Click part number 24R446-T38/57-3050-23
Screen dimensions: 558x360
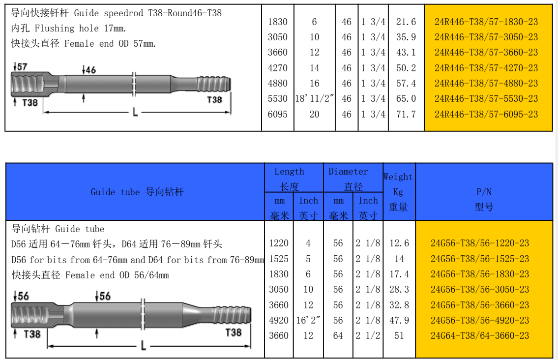486,37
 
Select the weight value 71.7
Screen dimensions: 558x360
406,114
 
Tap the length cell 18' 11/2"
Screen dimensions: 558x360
314,99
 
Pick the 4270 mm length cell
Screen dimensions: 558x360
278,68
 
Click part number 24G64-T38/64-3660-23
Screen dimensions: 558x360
480,335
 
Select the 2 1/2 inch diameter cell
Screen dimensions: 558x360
368,335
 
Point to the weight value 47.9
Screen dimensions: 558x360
399,320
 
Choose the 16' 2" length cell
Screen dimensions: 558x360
308,320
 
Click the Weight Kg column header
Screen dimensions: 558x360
398,192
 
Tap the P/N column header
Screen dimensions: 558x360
484,199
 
